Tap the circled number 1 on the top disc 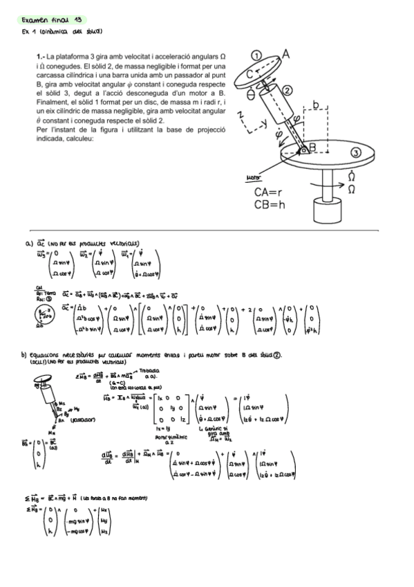click(256, 55)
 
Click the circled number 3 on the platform click(356, 153)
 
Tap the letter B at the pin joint click(313, 147)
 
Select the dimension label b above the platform click(315, 105)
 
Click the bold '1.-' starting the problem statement click(40, 55)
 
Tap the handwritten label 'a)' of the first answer click(28, 244)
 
